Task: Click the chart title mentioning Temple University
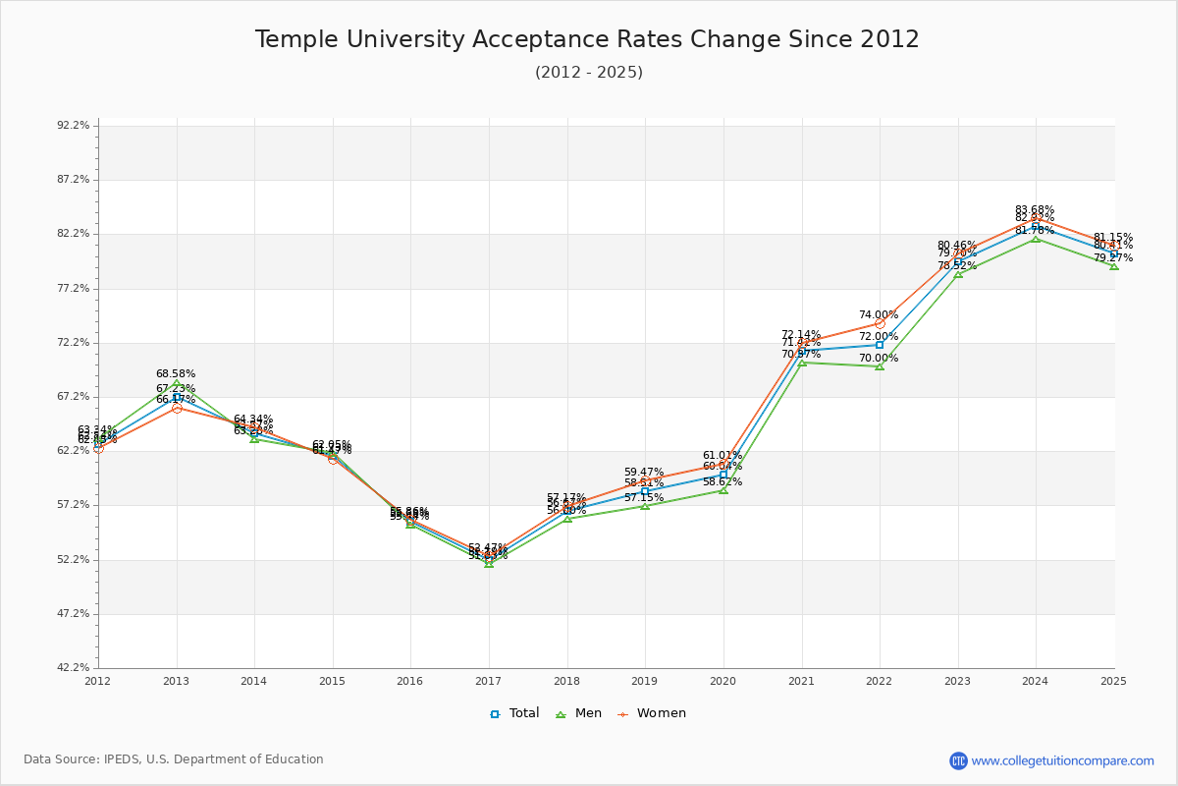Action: [x=587, y=40]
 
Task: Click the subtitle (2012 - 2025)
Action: [x=588, y=73]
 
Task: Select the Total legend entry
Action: [x=514, y=713]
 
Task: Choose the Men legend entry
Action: [x=579, y=713]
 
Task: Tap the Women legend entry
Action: [x=652, y=713]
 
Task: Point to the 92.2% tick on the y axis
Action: [x=75, y=126]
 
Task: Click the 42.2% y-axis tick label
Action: [x=75, y=668]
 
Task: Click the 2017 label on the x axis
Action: [x=488, y=681]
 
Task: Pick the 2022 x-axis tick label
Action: [x=879, y=681]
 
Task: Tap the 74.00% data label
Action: [x=878, y=315]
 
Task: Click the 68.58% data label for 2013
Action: [x=176, y=374]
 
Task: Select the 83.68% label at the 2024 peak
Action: [x=1035, y=209]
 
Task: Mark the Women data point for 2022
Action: [x=880, y=323]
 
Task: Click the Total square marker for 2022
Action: [x=880, y=345]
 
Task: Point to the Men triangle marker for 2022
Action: [x=880, y=366]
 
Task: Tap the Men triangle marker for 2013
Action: [x=177, y=384]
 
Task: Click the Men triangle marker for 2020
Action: [x=723, y=489]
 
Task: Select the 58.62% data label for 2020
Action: [x=723, y=482]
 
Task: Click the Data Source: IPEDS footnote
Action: [x=174, y=759]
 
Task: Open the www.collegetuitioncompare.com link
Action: [x=1062, y=760]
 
